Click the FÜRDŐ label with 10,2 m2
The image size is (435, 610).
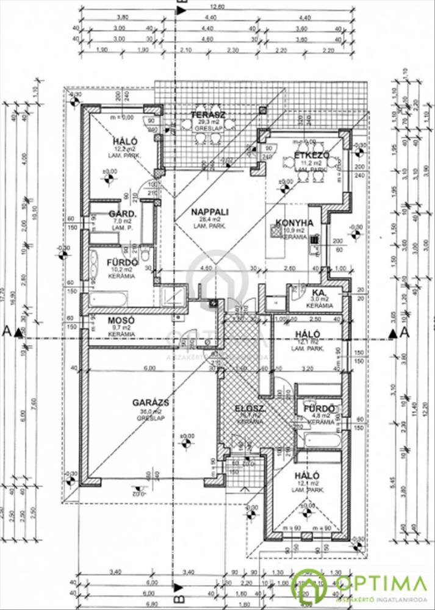[121, 263]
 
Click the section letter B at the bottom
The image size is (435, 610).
[178, 589]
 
